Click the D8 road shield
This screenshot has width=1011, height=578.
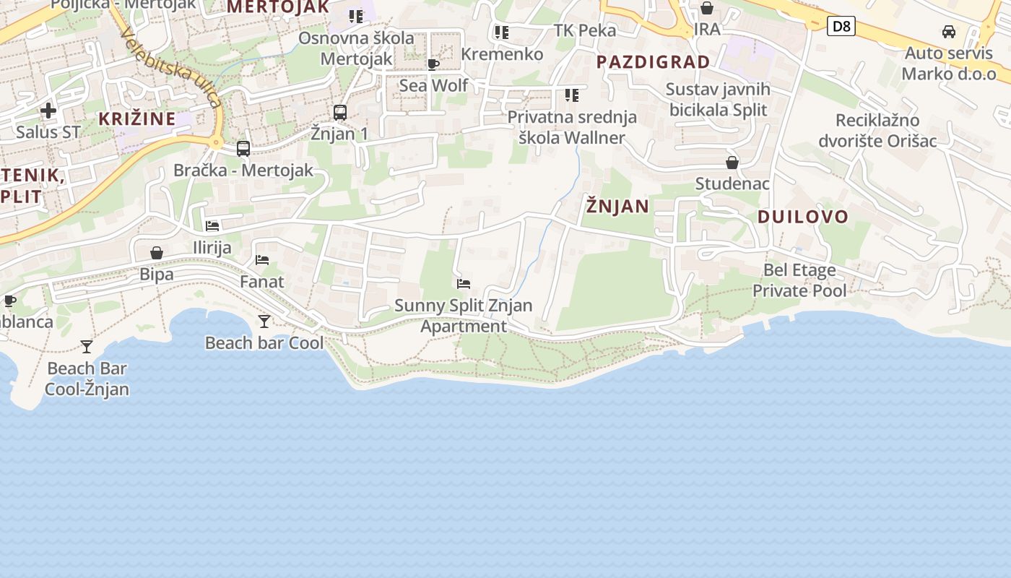841,27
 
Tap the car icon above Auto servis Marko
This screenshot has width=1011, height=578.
949,32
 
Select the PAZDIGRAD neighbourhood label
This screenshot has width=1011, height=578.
653,62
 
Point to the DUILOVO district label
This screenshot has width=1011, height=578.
802,217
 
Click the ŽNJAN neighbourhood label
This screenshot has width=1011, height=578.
617,207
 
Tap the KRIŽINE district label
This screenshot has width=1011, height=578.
137,119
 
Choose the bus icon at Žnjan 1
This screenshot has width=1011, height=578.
340,113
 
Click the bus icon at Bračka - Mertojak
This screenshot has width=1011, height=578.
243,149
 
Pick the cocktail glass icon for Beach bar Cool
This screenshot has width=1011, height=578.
264,321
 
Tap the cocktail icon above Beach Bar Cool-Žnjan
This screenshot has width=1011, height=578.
87,347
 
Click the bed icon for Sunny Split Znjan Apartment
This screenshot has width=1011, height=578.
464,284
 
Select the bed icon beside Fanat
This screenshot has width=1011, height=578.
262,260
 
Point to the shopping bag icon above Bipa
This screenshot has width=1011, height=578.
157,253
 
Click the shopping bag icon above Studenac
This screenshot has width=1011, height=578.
732,163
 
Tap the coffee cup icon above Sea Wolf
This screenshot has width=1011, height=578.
433,64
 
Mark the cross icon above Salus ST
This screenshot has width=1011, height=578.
48,111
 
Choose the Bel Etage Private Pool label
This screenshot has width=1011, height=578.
799,280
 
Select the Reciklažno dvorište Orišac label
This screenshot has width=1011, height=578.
877,130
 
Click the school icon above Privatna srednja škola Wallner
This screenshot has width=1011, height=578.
572,95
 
